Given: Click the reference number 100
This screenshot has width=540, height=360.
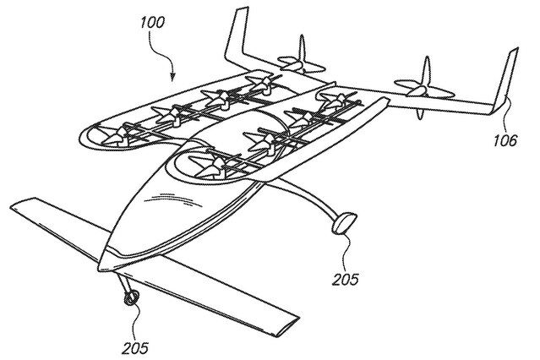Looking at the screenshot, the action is click(x=152, y=23).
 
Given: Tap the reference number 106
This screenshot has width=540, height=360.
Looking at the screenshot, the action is click(x=505, y=140).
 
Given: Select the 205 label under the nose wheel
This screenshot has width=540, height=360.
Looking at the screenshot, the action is click(x=135, y=348).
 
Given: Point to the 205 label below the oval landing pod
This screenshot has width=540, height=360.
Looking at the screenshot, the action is click(x=346, y=279).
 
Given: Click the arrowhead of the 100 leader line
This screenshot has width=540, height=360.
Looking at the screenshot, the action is click(x=172, y=77).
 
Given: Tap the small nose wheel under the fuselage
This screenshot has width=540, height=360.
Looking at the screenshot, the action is click(x=131, y=297).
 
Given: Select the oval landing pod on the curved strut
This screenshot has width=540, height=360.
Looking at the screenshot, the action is click(x=345, y=223).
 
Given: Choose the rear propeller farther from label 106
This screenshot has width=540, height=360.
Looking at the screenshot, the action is click(x=302, y=63).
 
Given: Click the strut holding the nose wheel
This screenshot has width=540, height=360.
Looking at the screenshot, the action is click(x=124, y=283).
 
